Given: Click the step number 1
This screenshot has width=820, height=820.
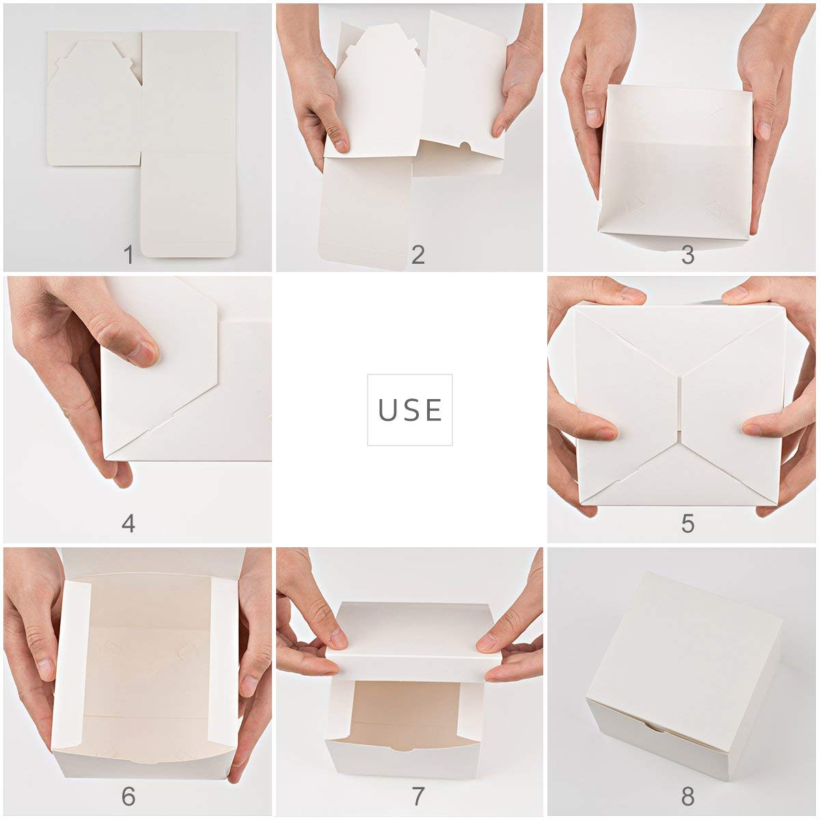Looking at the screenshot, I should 128,256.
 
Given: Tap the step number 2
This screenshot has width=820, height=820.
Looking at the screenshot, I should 418,256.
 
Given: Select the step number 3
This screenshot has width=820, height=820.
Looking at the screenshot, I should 687,256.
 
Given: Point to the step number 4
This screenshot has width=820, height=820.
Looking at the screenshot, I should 128,524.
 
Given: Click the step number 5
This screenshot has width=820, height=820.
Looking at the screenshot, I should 687,524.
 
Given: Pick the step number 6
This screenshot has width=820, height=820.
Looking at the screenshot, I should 128,796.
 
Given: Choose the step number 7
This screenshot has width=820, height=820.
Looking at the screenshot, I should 418,796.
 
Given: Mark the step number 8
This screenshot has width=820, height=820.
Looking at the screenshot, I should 687,796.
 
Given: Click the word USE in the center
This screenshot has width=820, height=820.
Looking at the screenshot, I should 410,410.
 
